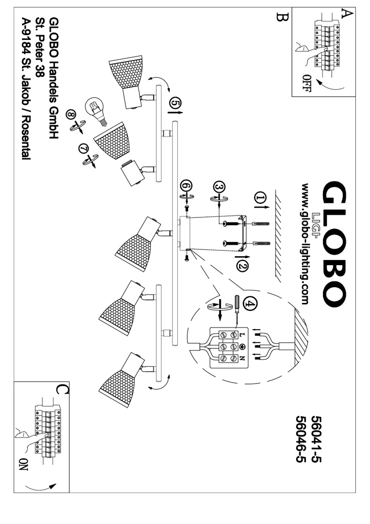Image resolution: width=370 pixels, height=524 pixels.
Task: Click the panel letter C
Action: pyautogui.click(x=61, y=389)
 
